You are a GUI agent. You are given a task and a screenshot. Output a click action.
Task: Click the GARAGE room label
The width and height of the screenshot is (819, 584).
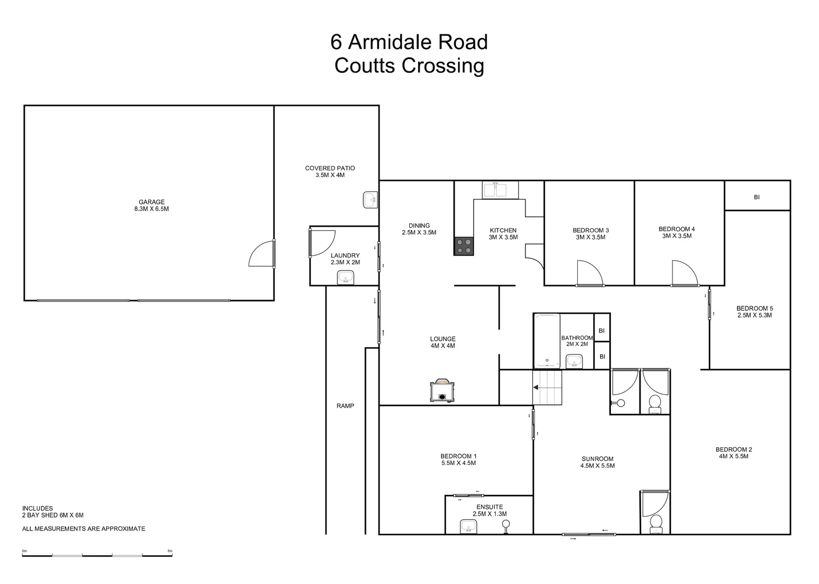(x=151, y=202)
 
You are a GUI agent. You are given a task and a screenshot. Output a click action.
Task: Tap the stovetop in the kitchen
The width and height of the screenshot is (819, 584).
(x=463, y=246)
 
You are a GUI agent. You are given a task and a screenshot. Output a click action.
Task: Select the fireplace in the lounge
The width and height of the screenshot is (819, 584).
(x=442, y=391)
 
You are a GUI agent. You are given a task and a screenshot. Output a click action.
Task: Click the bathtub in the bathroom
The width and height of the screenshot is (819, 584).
(x=547, y=341)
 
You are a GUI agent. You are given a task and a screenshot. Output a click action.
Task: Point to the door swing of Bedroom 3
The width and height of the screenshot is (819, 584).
(x=588, y=273)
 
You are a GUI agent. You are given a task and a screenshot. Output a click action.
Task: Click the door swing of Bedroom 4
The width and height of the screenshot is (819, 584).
(x=684, y=273)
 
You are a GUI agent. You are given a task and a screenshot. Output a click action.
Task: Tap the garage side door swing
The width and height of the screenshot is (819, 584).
(x=261, y=255)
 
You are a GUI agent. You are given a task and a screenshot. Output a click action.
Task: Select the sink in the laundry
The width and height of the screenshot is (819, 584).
(x=345, y=278)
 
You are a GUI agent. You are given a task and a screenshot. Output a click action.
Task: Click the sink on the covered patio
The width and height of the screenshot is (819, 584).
(x=370, y=200)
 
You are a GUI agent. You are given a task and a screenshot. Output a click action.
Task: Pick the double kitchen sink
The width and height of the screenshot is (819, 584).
(x=495, y=190)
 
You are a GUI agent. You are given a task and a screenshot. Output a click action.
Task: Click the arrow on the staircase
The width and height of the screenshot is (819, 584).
(x=535, y=387)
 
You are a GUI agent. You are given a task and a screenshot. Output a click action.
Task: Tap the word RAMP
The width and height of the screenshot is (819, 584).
(x=345, y=406)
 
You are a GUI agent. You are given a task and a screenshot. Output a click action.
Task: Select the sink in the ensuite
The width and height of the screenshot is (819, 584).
(x=468, y=526)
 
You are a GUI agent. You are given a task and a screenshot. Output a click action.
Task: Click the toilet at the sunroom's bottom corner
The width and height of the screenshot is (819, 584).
(x=656, y=522)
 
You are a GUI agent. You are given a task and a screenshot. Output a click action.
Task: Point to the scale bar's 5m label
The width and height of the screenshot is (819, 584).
(x=170, y=551)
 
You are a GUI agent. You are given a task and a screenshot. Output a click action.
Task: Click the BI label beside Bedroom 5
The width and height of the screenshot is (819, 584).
(x=756, y=197)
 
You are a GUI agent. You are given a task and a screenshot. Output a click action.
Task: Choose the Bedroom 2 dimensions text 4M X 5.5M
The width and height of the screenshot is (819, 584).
(x=733, y=456)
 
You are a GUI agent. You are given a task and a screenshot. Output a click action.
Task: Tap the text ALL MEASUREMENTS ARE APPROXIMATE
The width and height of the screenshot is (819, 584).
(x=83, y=529)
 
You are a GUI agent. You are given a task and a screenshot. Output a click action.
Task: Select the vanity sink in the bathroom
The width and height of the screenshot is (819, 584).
(x=574, y=361)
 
